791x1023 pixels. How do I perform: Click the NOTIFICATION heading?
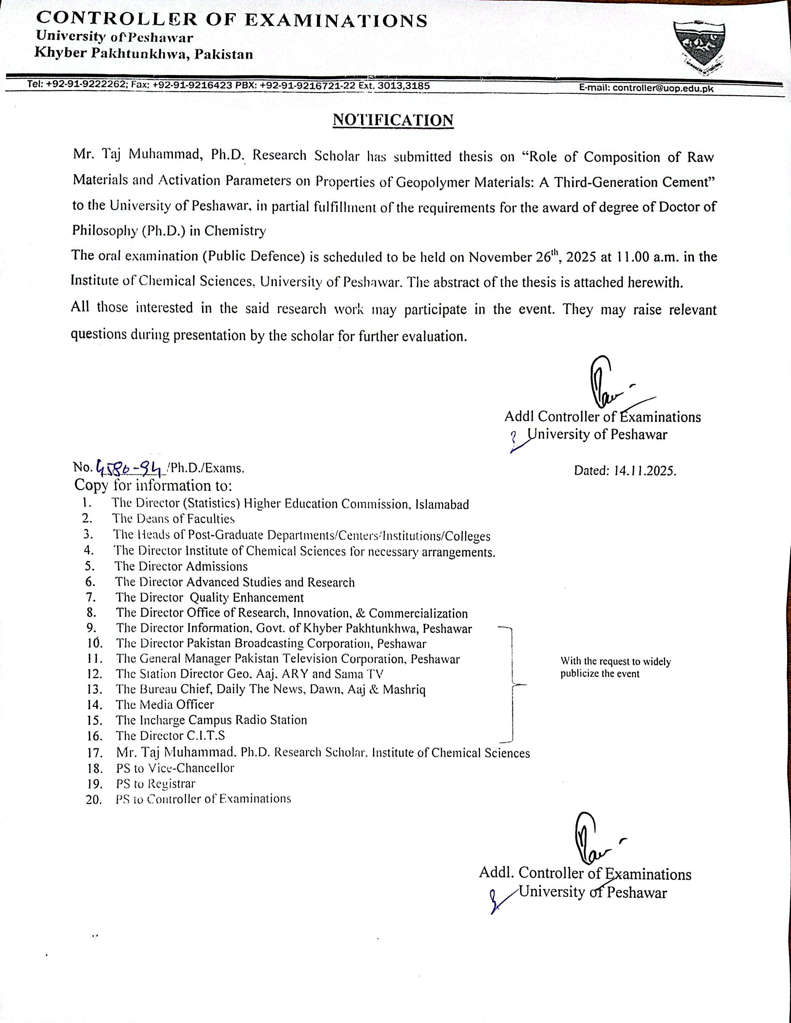point(393,120)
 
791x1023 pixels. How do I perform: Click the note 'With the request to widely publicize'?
point(615,667)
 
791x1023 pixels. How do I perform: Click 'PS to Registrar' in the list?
point(156,783)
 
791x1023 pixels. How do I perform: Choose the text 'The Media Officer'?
point(165,705)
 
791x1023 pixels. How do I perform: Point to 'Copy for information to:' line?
point(153,485)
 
